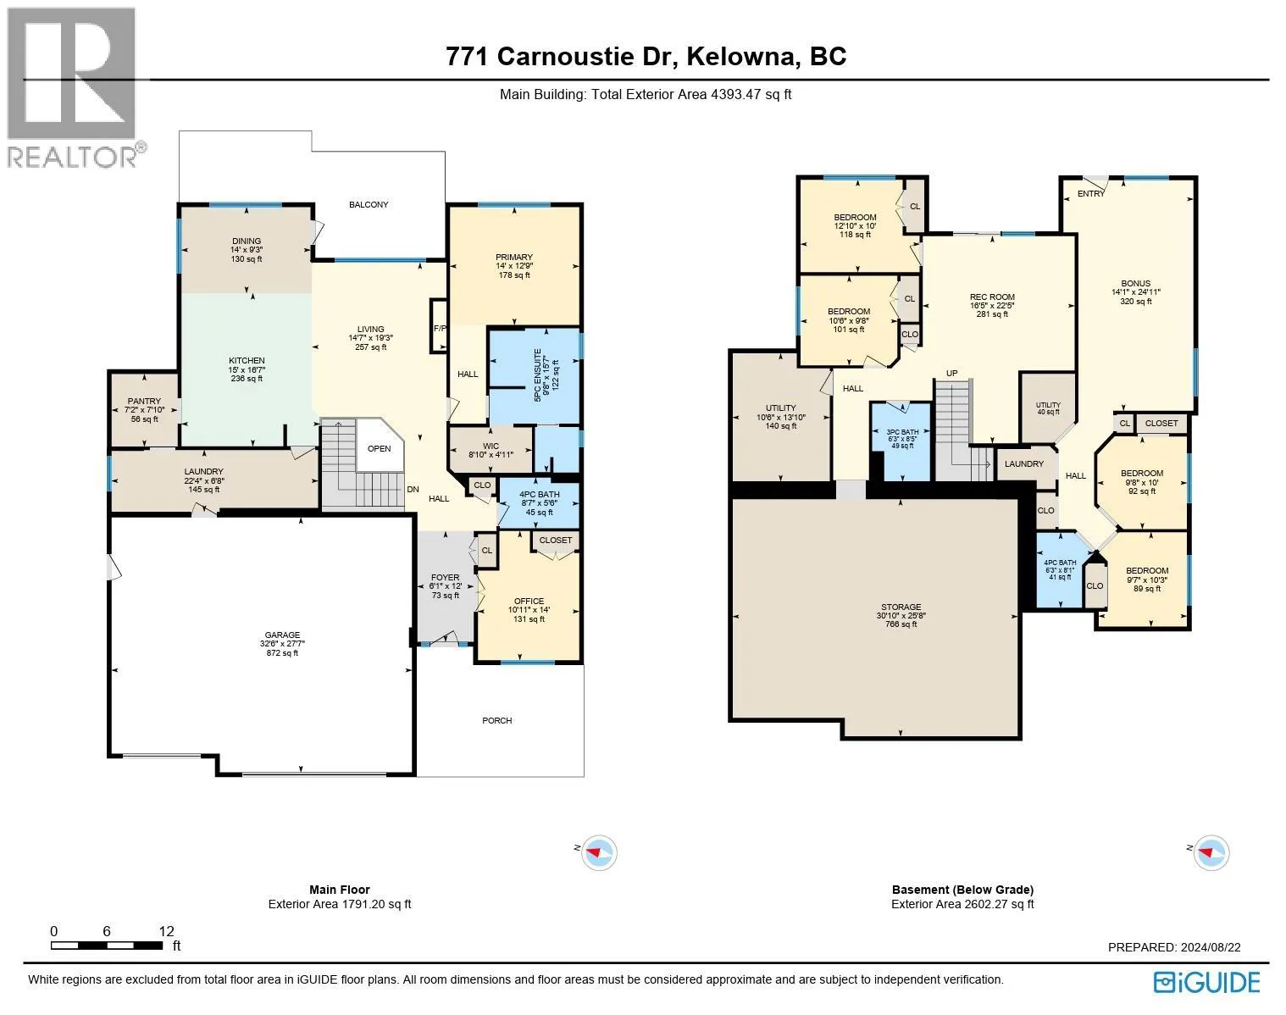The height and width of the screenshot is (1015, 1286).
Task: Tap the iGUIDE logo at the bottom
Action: coord(1207,982)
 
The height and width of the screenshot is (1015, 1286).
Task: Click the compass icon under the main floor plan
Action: coord(598,852)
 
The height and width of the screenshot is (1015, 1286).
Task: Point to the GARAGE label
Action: coord(281,643)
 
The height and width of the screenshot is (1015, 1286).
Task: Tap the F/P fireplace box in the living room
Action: coord(439,328)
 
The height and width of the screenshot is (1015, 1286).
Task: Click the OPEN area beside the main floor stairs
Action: coord(379,448)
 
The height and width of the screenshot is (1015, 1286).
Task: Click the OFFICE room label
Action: coord(529,609)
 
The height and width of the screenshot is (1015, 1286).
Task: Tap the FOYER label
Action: coord(445,585)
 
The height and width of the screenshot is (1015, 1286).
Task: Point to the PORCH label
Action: coord(497,720)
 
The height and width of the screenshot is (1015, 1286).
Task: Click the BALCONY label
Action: coord(369,204)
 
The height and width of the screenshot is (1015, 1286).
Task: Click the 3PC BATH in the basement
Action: coord(903,438)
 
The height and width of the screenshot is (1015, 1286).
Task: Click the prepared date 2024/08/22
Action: coord(1209,947)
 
